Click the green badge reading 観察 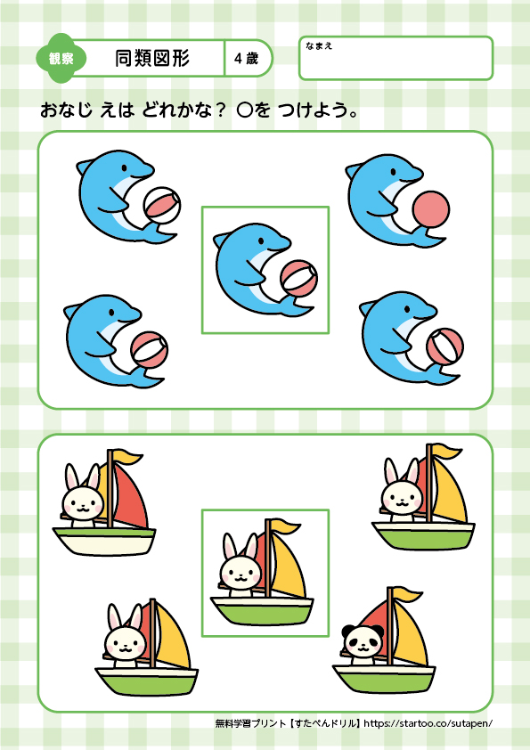61,59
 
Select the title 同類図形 152,59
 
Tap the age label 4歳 247,59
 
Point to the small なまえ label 319,46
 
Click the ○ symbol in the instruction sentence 244,111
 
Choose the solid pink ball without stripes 431,209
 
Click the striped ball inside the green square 299,280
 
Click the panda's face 363,641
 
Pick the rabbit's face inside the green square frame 241,574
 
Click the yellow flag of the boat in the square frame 285,527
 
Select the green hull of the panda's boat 384,679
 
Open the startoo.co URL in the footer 428,723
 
